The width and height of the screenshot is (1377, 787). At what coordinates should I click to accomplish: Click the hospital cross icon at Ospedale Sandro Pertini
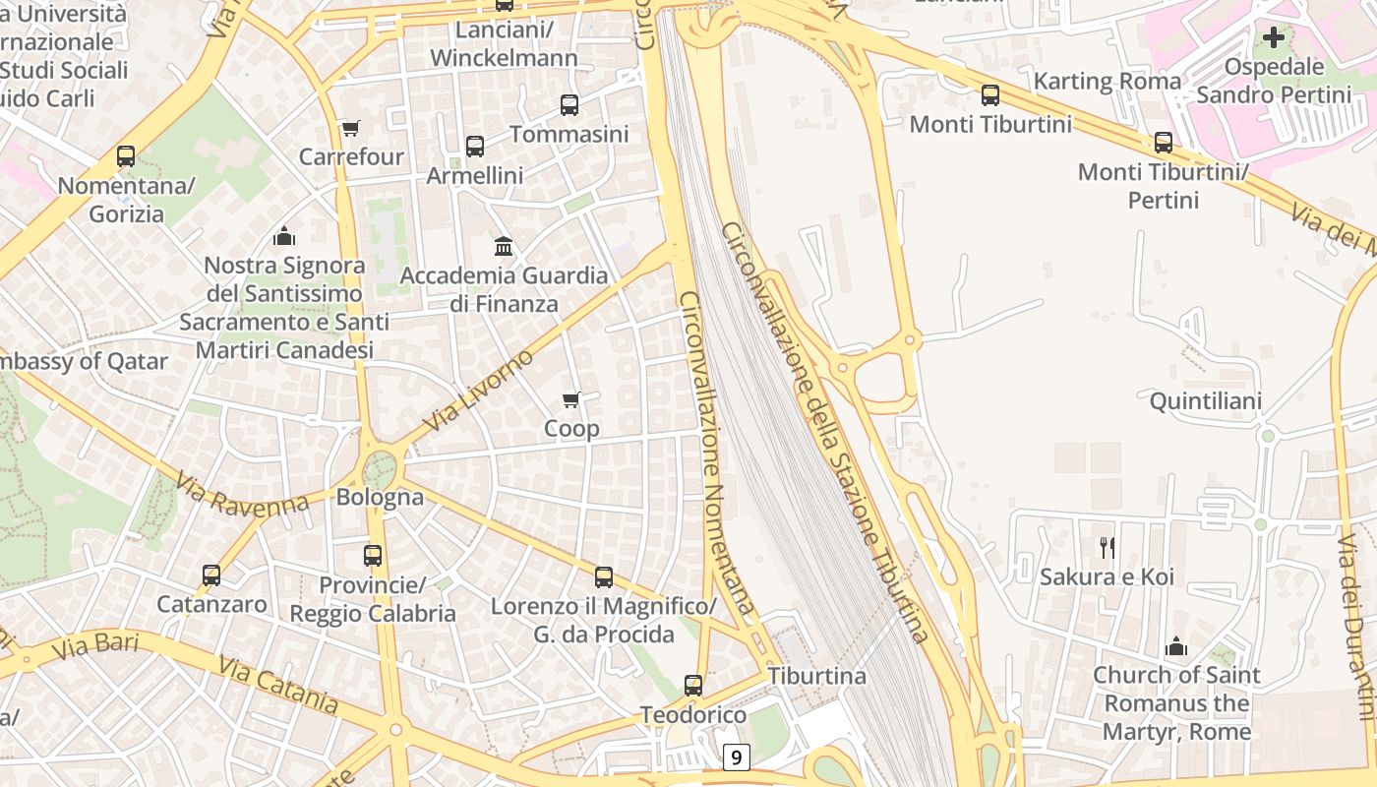point(1274,37)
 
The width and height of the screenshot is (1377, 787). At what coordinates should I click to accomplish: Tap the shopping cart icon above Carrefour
point(350,128)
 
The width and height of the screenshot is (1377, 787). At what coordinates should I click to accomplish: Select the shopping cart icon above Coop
point(570,399)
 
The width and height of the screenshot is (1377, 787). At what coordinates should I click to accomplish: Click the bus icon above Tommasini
point(569,105)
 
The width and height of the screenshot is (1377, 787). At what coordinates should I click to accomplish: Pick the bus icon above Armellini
point(474,147)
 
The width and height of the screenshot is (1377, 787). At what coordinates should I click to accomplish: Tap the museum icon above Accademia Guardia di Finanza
point(504,246)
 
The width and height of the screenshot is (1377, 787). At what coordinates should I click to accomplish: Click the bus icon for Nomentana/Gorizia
point(125,156)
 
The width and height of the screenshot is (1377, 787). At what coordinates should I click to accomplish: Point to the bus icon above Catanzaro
point(211,575)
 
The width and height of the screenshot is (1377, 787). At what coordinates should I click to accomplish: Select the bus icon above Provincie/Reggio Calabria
point(373,556)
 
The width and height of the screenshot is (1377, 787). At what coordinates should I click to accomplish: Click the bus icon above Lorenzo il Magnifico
point(604,577)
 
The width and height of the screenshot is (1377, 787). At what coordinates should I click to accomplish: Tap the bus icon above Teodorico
point(693,686)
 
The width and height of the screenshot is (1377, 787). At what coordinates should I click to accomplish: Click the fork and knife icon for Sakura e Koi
point(1107,547)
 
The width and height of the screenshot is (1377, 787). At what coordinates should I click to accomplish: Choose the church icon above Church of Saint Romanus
point(1175,646)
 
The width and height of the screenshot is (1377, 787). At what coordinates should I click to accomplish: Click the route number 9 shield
point(736,757)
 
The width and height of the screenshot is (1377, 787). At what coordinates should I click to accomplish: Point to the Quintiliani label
point(1205,401)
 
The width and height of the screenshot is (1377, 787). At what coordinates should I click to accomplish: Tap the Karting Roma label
point(1107,81)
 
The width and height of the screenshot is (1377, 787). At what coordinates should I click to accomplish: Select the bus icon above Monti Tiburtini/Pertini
point(1163,143)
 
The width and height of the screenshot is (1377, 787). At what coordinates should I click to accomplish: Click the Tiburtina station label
point(816,676)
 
